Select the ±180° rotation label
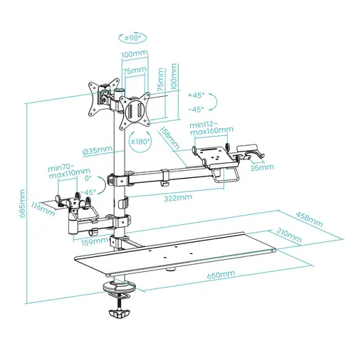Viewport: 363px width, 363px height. point(140,142)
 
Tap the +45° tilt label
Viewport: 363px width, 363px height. point(196,95)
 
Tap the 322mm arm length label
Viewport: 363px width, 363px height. point(177,197)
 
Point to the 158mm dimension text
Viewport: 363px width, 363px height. point(169,136)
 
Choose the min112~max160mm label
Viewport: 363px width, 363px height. point(211,128)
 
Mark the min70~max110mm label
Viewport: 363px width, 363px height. point(69,170)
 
